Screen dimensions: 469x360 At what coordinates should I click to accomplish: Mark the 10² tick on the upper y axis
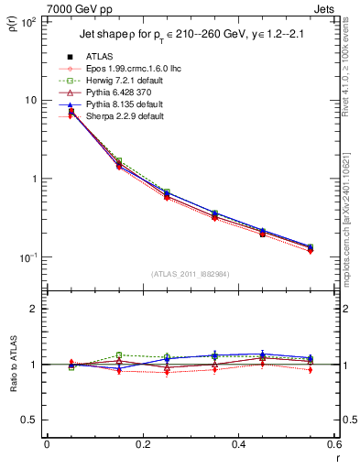(28, 21)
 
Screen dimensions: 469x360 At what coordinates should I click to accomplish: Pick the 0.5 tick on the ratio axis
(30, 420)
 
